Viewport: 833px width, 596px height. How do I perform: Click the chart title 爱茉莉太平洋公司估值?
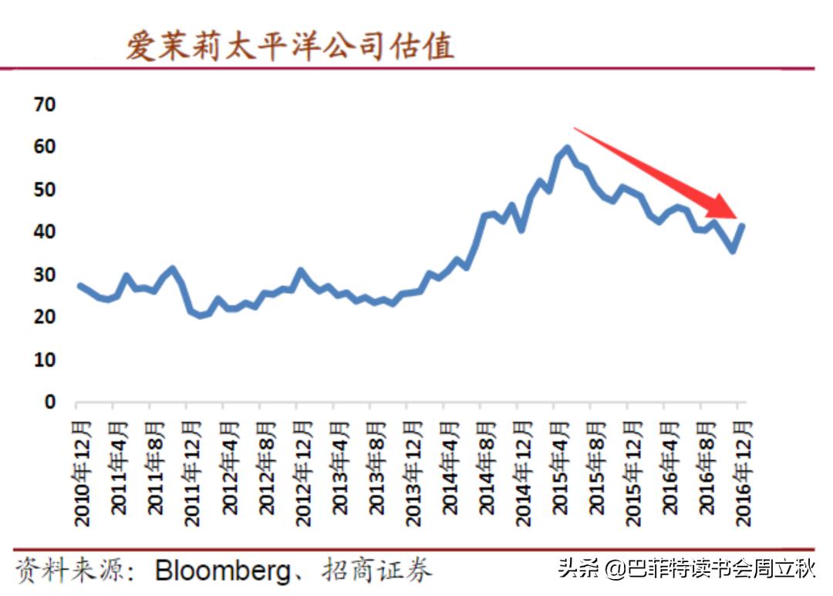coord(290,45)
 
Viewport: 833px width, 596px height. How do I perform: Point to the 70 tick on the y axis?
coord(45,104)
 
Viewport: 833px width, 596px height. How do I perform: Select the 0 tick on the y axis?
coord(50,402)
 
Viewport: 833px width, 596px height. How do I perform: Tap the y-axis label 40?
coord(45,232)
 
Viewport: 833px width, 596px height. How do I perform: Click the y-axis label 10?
coord(45,359)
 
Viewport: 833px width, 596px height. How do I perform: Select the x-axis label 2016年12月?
coord(743,472)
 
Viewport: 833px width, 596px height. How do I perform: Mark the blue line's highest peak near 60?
coord(567,148)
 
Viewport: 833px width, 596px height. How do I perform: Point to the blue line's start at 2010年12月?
coord(79,285)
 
